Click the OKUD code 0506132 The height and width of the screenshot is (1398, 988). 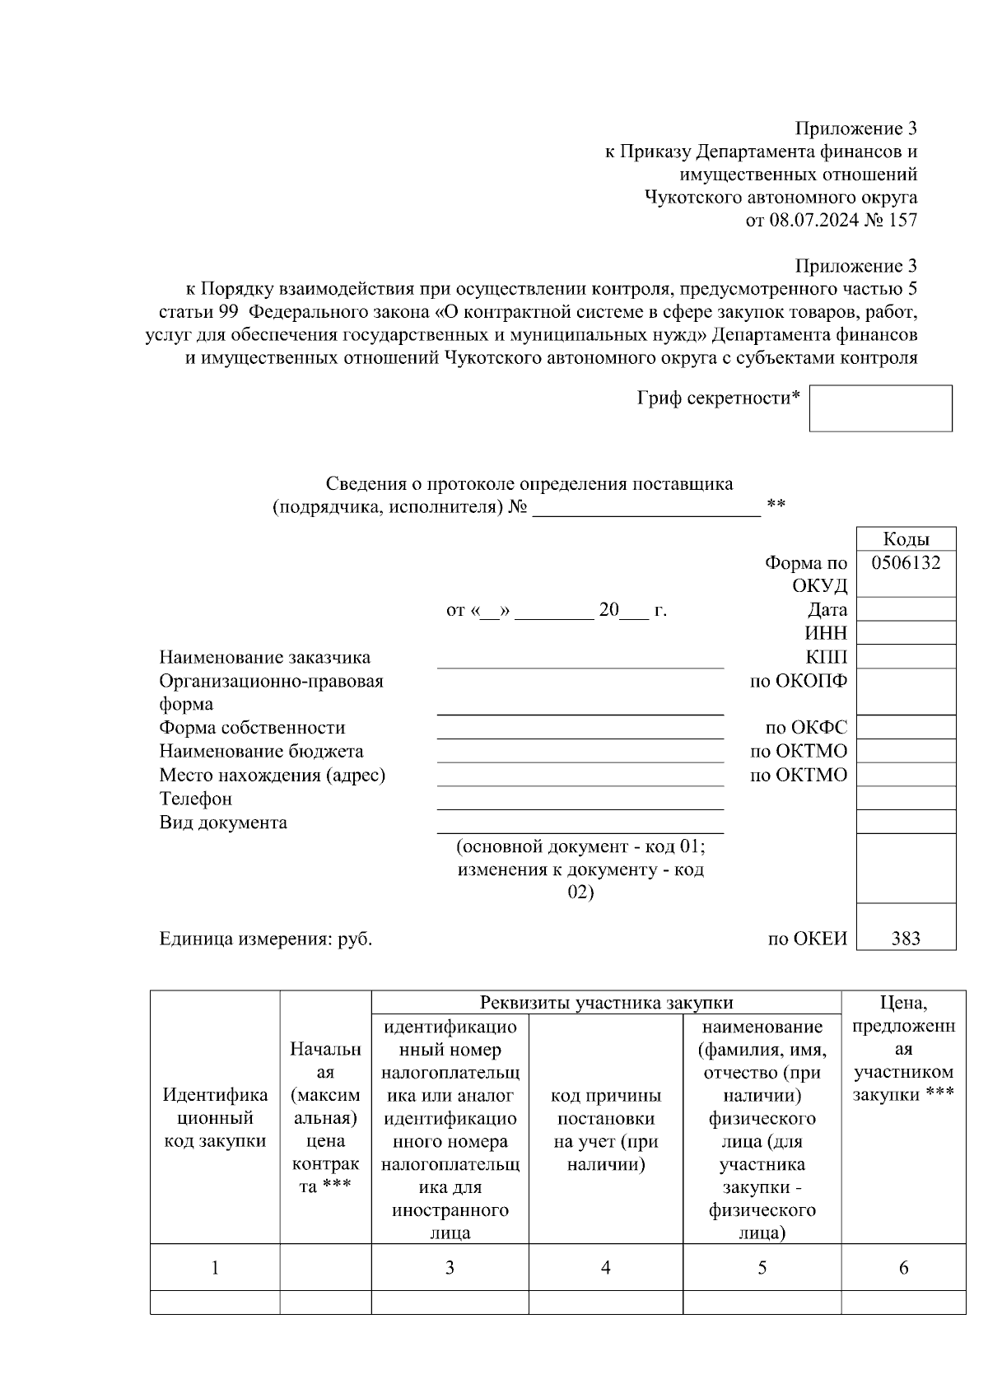(x=906, y=563)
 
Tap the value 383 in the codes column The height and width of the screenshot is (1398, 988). (x=906, y=939)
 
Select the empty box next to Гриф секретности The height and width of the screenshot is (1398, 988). (x=880, y=408)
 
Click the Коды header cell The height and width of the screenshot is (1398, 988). (x=906, y=539)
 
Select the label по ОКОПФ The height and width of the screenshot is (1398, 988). (x=798, y=681)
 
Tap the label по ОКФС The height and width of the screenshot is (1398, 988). (x=806, y=728)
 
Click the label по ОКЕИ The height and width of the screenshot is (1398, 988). (x=807, y=939)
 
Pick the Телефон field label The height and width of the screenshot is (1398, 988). (x=195, y=799)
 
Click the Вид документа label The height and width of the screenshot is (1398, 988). (x=223, y=822)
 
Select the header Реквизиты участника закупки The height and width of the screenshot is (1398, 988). (x=606, y=1002)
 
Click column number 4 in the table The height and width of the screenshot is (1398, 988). (x=605, y=1268)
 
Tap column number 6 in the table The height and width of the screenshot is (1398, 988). (x=903, y=1268)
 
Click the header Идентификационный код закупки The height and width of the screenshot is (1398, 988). (x=215, y=1117)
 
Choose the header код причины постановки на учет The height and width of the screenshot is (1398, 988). (x=605, y=1130)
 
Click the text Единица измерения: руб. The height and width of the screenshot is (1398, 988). (x=265, y=939)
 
